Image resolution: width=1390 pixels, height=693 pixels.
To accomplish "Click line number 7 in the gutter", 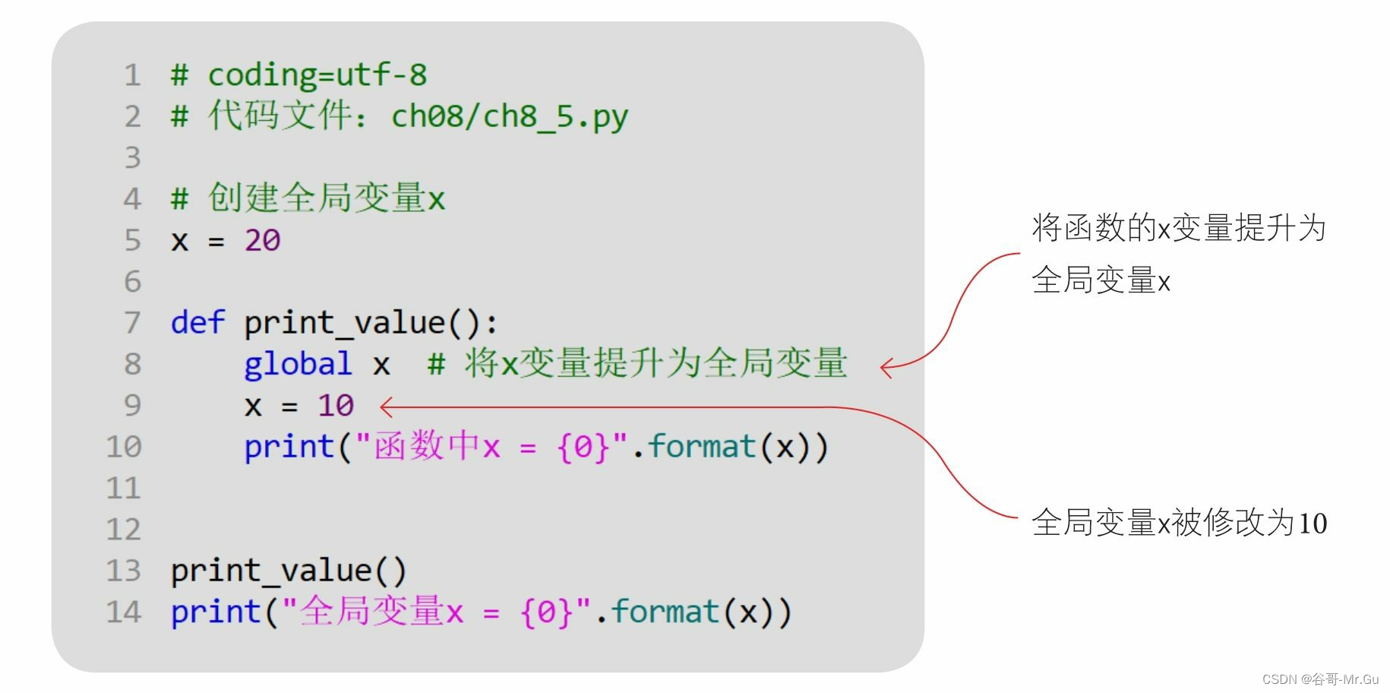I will pyautogui.click(x=133, y=323).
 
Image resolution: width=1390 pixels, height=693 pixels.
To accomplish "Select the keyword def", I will pyautogui.click(x=197, y=323).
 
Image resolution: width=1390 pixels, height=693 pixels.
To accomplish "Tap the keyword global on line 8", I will pyautogui.click(x=298, y=364).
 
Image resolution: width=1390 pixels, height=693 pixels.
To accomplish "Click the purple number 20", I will pyautogui.click(x=262, y=241).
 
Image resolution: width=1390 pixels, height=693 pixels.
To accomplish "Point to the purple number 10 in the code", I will pyautogui.click(x=336, y=406).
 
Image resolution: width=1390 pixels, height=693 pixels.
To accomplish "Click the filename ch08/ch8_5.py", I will pyautogui.click(x=510, y=116).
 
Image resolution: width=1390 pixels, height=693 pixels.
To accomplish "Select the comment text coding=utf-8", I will pyautogui.click(x=317, y=75).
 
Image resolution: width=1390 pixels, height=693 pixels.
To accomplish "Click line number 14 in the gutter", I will pyautogui.click(x=124, y=612).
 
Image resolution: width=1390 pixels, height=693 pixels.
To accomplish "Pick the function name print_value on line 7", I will pyautogui.click(x=344, y=323).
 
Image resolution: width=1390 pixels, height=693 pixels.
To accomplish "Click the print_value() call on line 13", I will pyautogui.click(x=289, y=571).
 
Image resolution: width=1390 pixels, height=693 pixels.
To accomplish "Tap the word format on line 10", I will pyautogui.click(x=702, y=447).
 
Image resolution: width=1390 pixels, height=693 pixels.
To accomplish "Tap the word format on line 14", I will pyautogui.click(x=665, y=612).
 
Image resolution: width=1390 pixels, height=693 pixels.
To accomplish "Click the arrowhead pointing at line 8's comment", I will pyautogui.click(x=885, y=368).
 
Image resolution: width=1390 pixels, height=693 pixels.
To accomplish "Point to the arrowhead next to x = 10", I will pyautogui.click(x=384, y=407).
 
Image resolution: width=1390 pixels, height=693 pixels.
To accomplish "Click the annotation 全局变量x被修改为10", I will pyautogui.click(x=1179, y=523).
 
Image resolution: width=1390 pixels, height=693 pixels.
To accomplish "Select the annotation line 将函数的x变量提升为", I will pyautogui.click(x=1179, y=228).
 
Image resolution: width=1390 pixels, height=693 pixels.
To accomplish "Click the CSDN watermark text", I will pyautogui.click(x=1320, y=679).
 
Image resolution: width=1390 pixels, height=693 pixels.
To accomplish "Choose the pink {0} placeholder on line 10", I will pyautogui.click(x=583, y=447).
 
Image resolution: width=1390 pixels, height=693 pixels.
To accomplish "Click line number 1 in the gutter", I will pyautogui.click(x=133, y=75).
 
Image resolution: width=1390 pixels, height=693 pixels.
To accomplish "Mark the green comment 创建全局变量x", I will pyautogui.click(x=327, y=199).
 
